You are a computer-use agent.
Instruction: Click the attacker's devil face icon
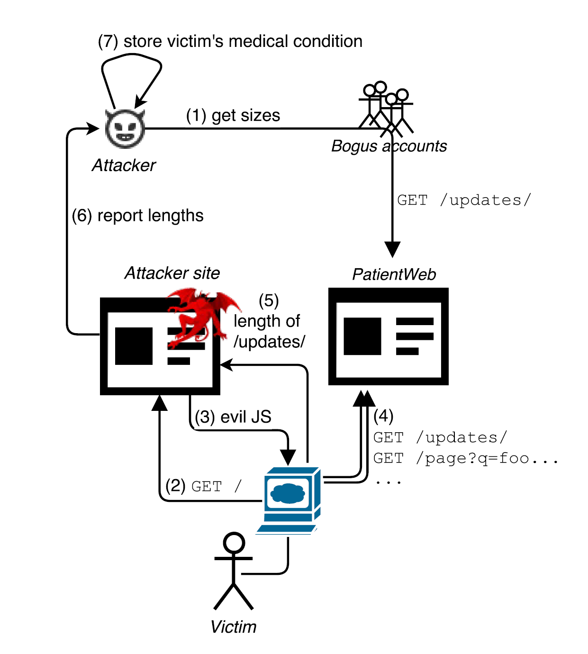coord(125,128)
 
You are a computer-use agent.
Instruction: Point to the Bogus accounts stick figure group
coord(386,109)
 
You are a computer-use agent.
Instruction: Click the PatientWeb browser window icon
coord(388,336)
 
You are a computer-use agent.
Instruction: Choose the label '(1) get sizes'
coord(233,115)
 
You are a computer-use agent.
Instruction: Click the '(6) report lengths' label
coord(137,216)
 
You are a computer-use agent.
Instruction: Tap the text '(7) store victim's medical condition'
coord(230,41)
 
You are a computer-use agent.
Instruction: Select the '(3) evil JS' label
coord(233,417)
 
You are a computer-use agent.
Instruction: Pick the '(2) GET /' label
coord(203,486)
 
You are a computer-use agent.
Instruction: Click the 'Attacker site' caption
coord(172,273)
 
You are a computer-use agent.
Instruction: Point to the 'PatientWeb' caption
coord(394,274)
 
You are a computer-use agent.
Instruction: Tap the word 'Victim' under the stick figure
coord(233,627)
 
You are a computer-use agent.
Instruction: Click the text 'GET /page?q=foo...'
coord(465,458)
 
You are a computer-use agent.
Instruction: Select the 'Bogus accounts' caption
coord(389,146)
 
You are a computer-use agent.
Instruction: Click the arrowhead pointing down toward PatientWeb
coord(392,249)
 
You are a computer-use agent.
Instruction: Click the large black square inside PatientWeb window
coord(362,336)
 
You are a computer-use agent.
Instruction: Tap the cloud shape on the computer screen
coord(287,494)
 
